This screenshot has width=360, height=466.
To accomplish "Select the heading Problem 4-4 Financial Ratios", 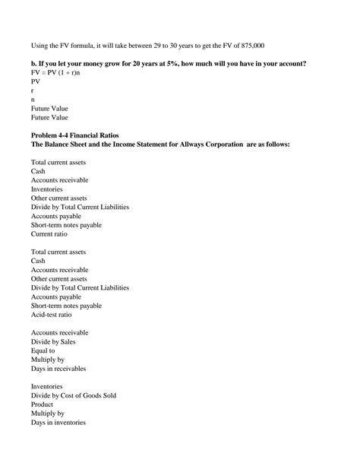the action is click(x=80, y=135).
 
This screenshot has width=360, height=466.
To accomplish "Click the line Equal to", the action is click(x=43, y=350).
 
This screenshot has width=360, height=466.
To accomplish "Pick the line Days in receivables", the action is click(x=58, y=369).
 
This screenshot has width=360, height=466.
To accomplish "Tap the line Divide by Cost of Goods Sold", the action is click(x=74, y=395).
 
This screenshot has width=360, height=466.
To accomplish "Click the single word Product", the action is click(x=43, y=404).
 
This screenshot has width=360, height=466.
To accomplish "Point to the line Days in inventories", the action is click(x=58, y=423).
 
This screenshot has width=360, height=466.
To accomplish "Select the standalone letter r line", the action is click(x=33, y=90).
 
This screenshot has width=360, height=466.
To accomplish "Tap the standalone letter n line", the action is click(x=33, y=99).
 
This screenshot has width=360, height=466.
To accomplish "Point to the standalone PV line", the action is click(x=36, y=81).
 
